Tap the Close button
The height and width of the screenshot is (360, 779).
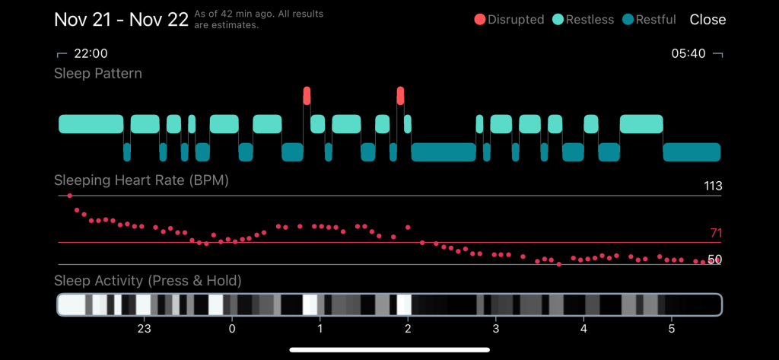(707, 20)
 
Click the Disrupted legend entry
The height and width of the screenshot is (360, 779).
(510, 20)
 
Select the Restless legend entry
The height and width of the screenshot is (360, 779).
(583, 20)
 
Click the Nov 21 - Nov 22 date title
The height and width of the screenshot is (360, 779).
(121, 19)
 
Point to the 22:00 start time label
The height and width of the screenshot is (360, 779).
(91, 53)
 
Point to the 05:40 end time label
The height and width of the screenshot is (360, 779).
(688, 53)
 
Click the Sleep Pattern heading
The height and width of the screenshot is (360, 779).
(98, 74)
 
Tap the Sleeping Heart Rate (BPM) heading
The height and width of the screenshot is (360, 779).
(141, 181)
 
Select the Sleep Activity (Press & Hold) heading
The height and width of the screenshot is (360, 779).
(148, 282)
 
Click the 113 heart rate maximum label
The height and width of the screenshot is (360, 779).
(712, 186)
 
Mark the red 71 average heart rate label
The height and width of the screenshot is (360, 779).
(715, 234)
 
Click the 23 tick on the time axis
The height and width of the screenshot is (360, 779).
(144, 329)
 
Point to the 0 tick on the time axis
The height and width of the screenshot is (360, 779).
(232, 329)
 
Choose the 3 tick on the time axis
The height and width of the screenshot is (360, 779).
(496, 329)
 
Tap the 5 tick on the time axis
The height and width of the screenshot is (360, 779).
(671, 329)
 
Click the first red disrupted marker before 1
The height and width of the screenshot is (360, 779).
(307, 96)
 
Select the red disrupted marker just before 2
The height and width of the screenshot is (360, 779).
(400, 96)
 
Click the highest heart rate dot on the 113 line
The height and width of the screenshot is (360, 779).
(70, 196)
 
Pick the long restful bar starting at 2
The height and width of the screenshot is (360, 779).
(444, 152)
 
